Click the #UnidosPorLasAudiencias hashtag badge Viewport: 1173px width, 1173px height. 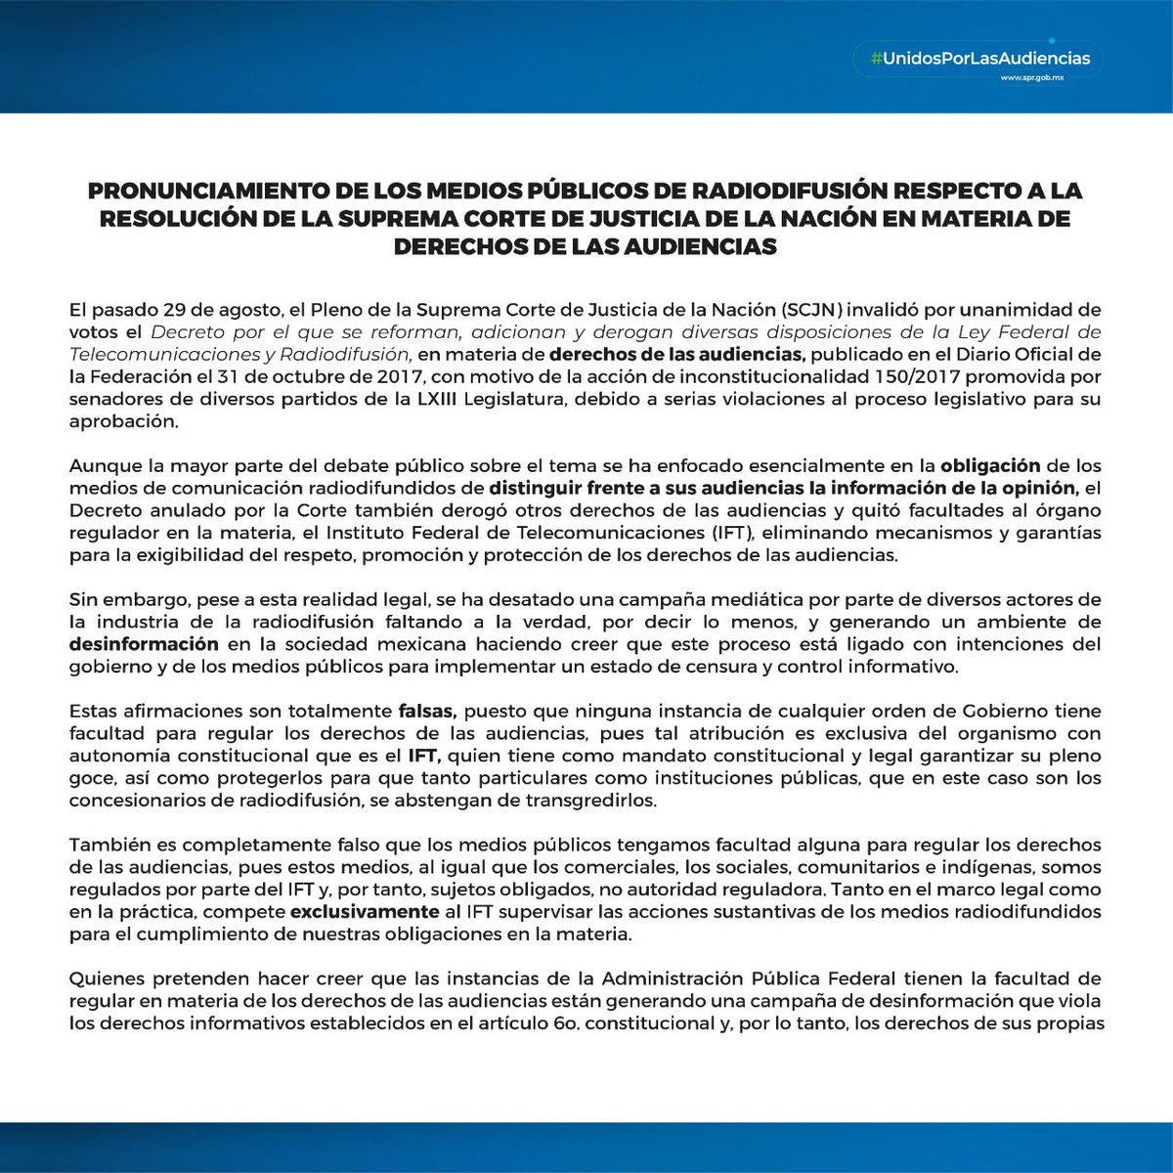point(972,59)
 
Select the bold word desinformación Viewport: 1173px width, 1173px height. point(144,645)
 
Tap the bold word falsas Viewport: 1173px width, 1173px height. point(428,712)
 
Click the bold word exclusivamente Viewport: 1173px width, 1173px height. point(365,912)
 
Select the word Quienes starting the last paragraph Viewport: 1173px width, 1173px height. point(106,979)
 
